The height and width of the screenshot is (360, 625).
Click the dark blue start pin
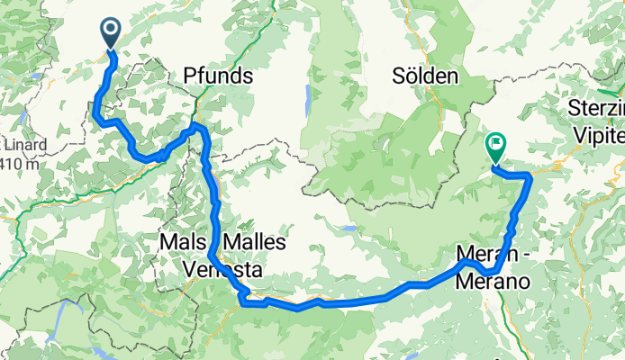[x=111, y=32]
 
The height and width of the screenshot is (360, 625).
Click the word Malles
[x=253, y=242]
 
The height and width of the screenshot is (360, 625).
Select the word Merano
[x=491, y=281]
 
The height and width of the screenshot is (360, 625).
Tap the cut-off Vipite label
[x=599, y=134]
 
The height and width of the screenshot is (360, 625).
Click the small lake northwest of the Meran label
[x=347, y=229]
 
